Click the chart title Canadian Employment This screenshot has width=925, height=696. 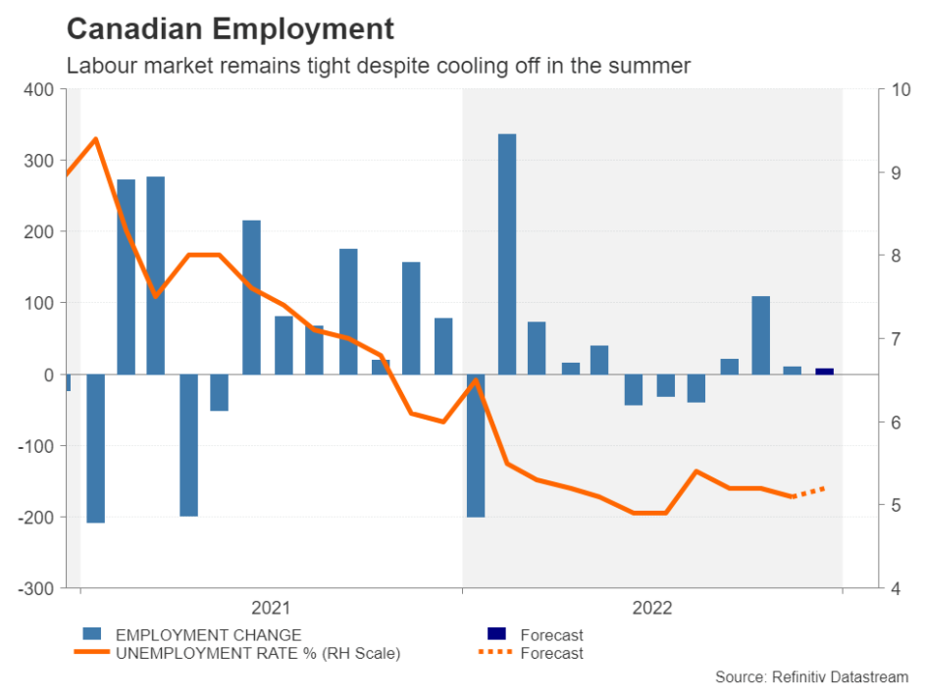(x=230, y=29)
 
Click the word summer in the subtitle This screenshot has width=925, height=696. (x=656, y=67)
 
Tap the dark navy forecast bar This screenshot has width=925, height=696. (x=825, y=371)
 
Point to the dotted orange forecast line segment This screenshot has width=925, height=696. (x=808, y=492)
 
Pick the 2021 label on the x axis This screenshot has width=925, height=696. (x=271, y=608)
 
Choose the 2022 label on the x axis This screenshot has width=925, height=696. (x=652, y=608)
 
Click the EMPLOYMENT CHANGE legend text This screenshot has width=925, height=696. (x=208, y=635)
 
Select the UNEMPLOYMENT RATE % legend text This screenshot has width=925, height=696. (x=258, y=653)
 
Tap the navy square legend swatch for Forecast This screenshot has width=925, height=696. (x=497, y=633)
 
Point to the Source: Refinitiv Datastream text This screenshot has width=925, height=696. (x=812, y=677)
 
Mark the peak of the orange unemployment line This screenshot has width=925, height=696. (x=95, y=138)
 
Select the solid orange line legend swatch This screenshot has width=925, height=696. (x=90, y=652)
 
